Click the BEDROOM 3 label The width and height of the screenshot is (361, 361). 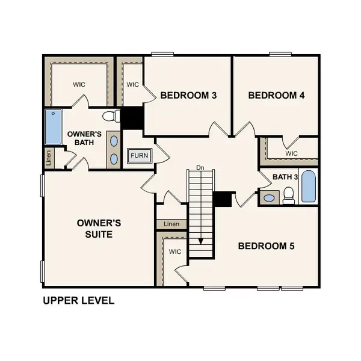(x=188, y=95)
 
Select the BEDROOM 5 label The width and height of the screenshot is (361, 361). (x=266, y=245)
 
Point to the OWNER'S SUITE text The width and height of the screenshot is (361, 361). (x=99, y=228)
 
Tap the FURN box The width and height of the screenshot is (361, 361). (x=139, y=156)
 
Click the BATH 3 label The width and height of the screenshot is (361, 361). (x=286, y=177)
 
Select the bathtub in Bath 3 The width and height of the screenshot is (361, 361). (x=307, y=187)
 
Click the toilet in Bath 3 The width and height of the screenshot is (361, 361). (x=288, y=194)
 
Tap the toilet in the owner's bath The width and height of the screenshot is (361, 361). (x=111, y=116)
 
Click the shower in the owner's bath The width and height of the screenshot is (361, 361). (x=54, y=127)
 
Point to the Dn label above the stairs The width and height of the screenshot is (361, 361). (x=200, y=167)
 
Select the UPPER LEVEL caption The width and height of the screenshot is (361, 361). (x=78, y=300)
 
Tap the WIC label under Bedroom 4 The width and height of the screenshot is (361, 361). (x=291, y=153)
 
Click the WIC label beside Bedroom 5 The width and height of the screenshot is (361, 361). (x=175, y=251)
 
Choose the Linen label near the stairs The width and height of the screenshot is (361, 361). (x=171, y=224)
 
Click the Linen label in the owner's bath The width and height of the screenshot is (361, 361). (x=49, y=158)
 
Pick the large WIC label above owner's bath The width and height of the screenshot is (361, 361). (x=80, y=84)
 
